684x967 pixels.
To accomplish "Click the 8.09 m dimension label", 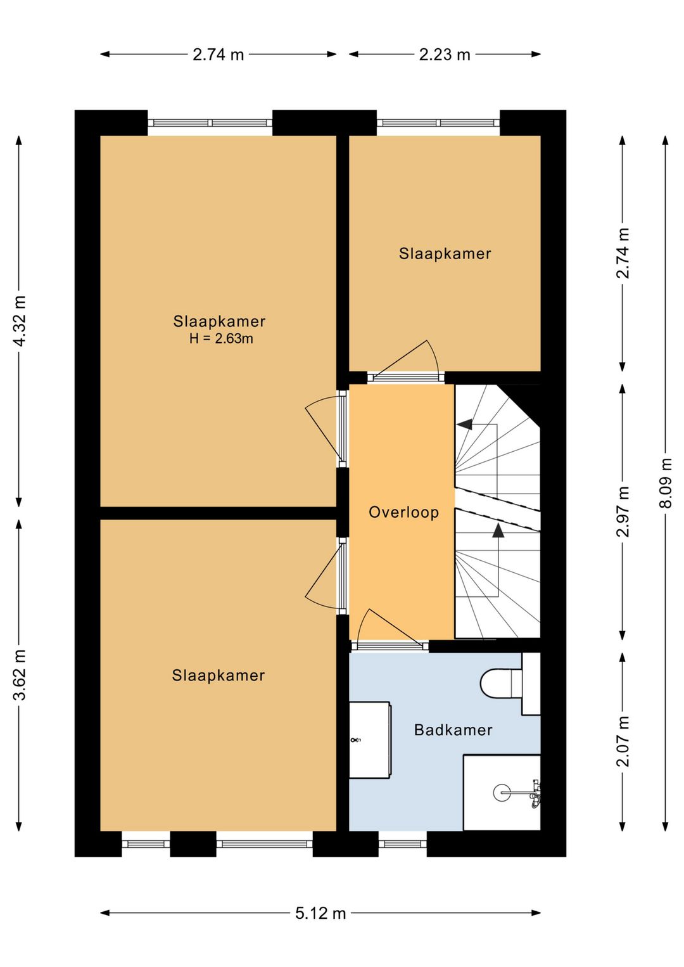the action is [x=666, y=483].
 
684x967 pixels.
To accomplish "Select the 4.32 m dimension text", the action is [x=20, y=321].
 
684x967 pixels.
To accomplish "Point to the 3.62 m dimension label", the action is [x=20, y=674].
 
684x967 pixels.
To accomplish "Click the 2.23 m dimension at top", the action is [x=445, y=55].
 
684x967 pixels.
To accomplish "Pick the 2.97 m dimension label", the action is [x=623, y=511].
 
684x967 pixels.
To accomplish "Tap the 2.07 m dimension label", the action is [x=623, y=741].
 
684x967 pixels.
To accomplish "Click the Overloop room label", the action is [x=403, y=513].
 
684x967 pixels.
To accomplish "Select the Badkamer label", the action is [x=453, y=730].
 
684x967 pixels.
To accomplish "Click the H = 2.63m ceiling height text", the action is [x=221, y=339].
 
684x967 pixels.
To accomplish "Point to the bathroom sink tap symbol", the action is [x=355, y=740].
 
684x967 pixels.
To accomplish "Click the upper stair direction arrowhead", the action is [x=464, y=425].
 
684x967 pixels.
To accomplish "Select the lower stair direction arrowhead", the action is [x=498, y=530].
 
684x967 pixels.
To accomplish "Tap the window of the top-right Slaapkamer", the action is [x=438, y=122].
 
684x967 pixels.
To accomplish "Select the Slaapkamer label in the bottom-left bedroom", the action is [x=218, y=675].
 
